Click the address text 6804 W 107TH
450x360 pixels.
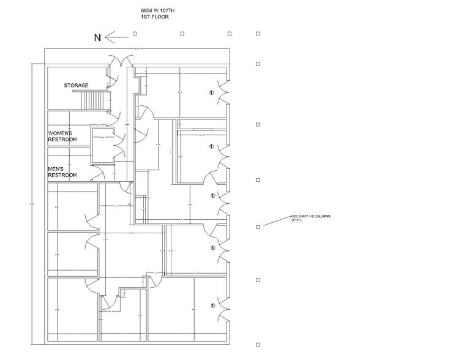tap(157, 11)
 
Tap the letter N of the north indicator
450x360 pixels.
tap(97, 38)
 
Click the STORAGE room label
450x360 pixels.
tap(77, 85)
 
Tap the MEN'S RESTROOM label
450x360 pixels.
tap(62, 173)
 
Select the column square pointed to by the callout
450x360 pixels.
tap(258, 227)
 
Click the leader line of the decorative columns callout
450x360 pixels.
tap(276, 222)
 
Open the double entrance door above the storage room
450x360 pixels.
tap(120, 61)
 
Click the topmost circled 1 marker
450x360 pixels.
tap(211, 93)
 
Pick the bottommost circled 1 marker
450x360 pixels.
tap(211, 304)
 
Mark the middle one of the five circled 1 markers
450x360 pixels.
tap(211, 196)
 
